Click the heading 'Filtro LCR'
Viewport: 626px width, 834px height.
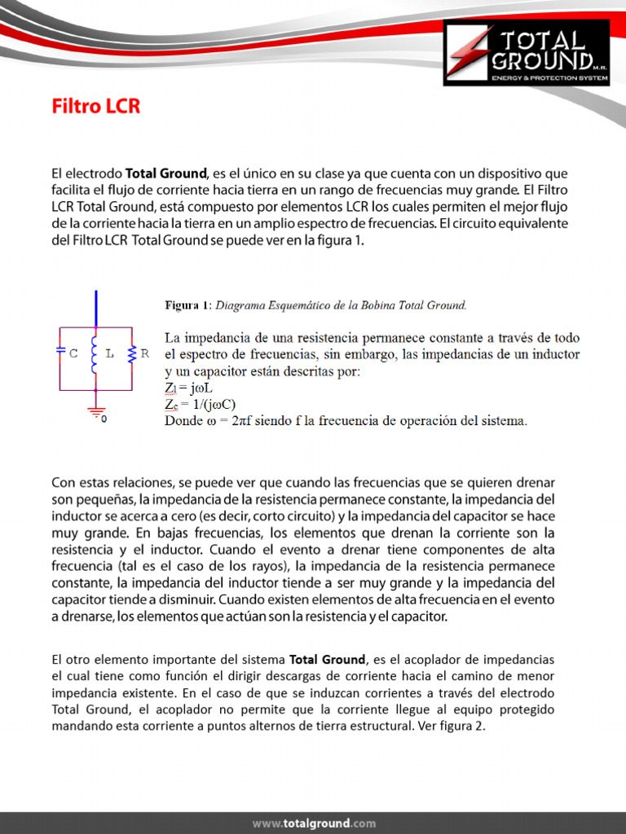(x=96, y=107)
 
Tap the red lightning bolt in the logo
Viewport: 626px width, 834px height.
(x=475, y=51)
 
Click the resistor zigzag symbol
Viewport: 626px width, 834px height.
(x=132, y=352)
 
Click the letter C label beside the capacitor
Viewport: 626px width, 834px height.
(x=73, y=354)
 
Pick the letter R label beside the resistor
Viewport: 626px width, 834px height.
(x=144, y=353)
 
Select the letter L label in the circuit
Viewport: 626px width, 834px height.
(x=109, y=354)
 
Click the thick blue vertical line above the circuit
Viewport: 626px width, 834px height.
(x=97, y=308)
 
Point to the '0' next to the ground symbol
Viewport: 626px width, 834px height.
(x=104, y=419)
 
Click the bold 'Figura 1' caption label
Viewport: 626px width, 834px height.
(x=187, y=305)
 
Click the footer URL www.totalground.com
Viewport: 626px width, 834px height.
(x=314, y=823)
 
